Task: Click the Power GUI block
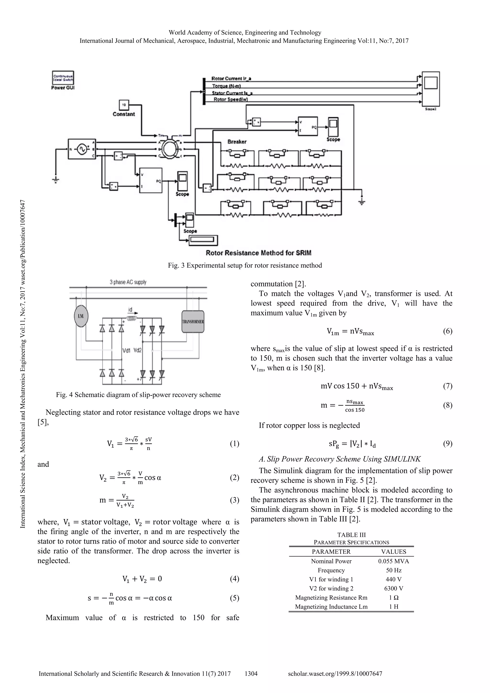pos(63,78)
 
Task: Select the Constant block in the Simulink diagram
pos(124,105)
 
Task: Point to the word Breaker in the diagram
pos(237,142)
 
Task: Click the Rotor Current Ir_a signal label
pos(232,78)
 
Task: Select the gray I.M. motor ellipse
pos(81,316)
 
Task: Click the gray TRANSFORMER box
pos(193,322)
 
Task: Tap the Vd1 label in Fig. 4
pos(126,350)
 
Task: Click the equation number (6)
pos(447,331)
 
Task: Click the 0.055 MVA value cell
pos(393,561)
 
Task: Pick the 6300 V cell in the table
pos(393,588)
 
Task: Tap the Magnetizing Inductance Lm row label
pos(331,606)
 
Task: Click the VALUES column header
pos(393,552)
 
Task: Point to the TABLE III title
pos(351,535)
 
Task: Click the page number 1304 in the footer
pos(251,673)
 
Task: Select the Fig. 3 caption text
pos(245,265)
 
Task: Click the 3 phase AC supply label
pos(128,282)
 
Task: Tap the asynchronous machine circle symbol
pos(171,149)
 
